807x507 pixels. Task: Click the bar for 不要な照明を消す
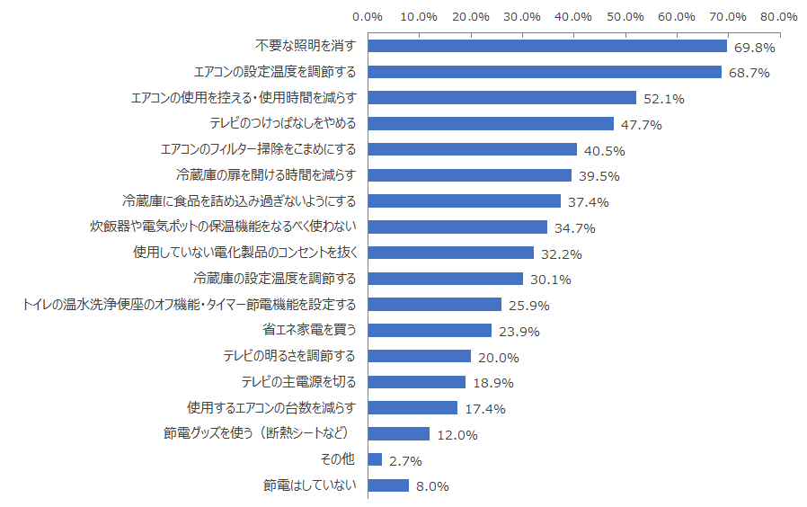[x=547, y=46]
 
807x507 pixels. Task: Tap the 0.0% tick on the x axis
[x=368, y=16]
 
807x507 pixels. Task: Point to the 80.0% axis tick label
[x=778, y=16]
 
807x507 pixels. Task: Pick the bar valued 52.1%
[x=502, y=98]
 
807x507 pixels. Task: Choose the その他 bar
[x=376, y=459]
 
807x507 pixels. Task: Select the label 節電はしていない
[x=310, y=485]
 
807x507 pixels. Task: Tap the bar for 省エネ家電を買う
[x=430, y=331]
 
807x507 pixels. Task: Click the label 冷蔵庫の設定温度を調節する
[x=275, y=278]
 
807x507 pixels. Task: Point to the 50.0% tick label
[x=625, y=16]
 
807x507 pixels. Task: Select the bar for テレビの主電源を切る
[x=417, y=382]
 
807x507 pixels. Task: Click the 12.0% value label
[x=456, y=435]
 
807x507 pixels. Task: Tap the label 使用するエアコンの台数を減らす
[x=271, y=407]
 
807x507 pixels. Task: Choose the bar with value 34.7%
[x=457, y=227]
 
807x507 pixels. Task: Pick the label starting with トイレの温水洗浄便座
[x=189, y=304]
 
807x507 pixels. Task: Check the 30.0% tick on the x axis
[x=522, y=16]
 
